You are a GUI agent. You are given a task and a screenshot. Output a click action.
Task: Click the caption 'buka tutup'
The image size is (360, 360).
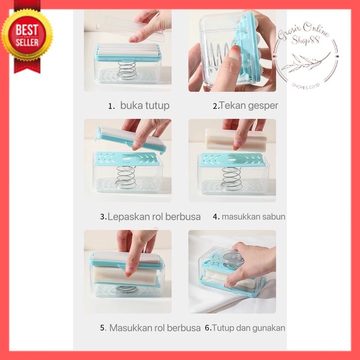pyautogui.click(x=145, y=105)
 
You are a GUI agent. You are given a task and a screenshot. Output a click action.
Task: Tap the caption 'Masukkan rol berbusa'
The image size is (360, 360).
pyautogui.click(x=155, y=328)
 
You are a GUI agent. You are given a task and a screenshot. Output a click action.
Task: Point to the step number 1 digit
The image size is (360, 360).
pyautogui.click(x=111, y=106)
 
